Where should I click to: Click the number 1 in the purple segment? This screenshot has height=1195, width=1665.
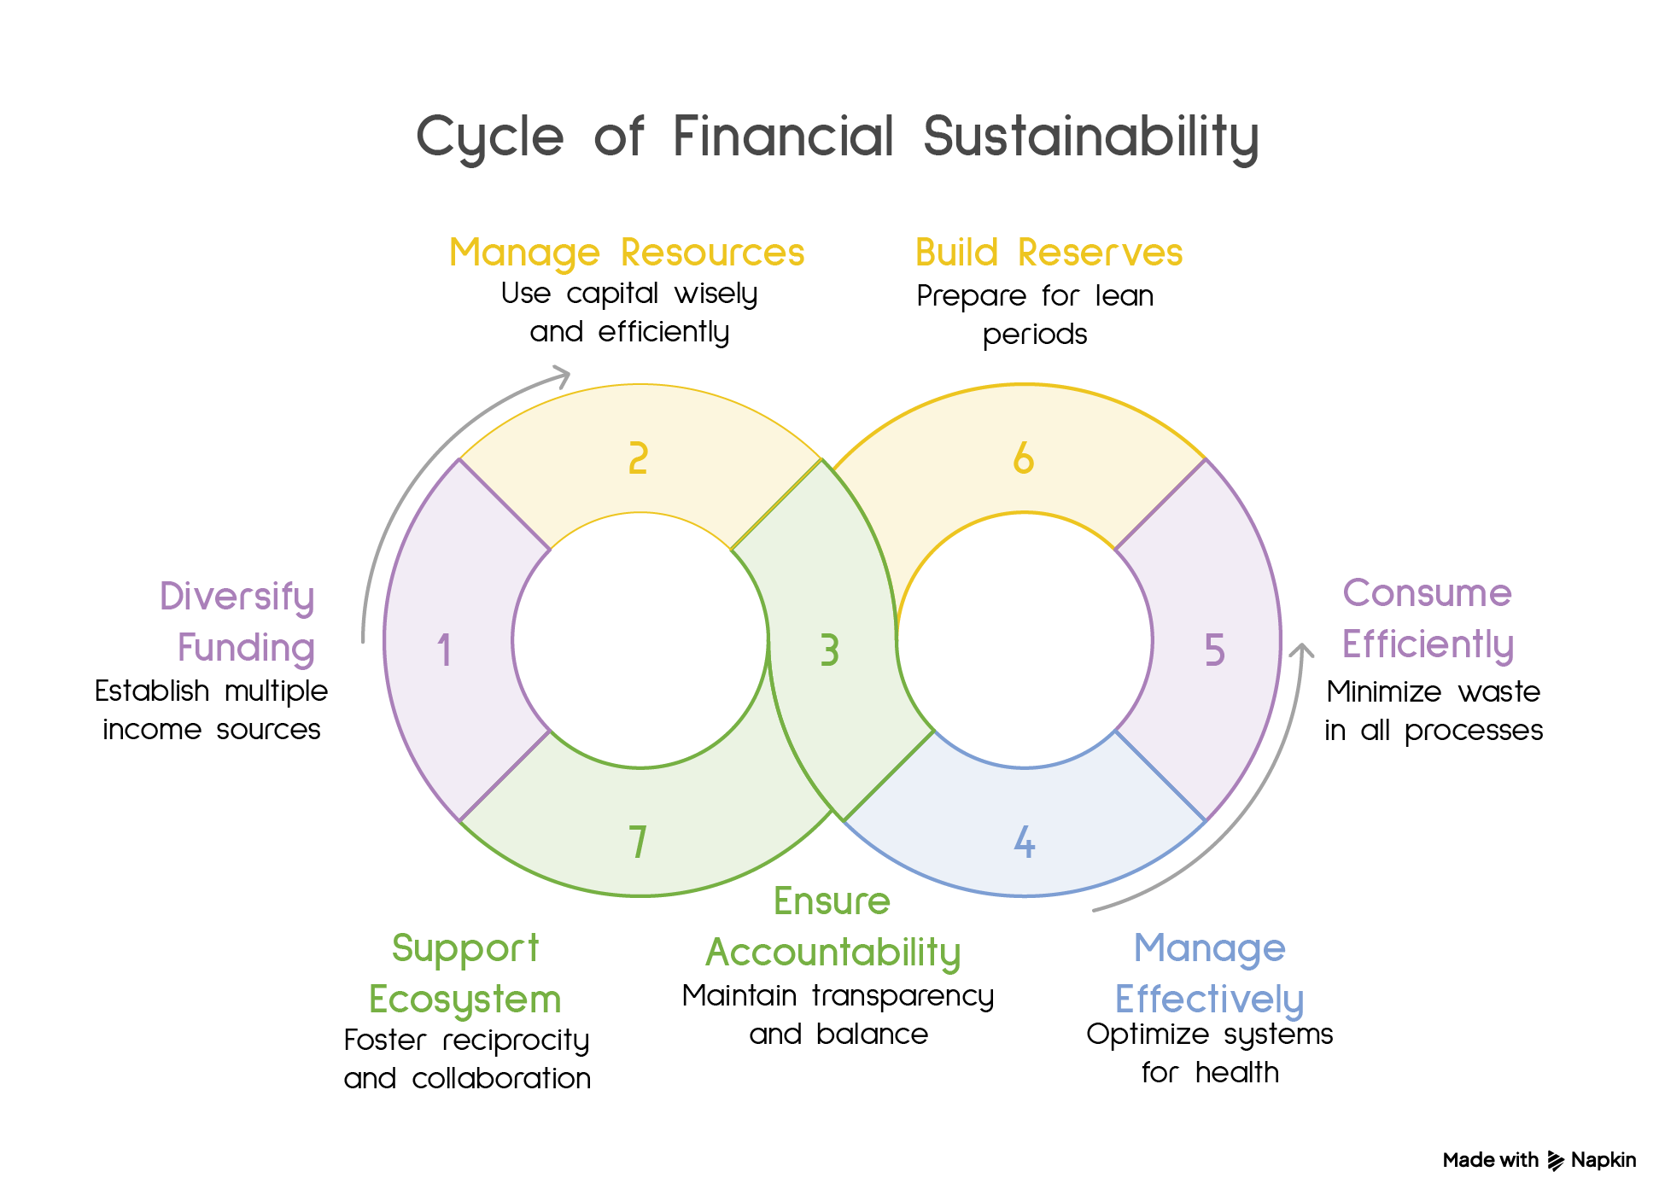click(444, 650)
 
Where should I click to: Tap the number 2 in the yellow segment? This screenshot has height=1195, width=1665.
click(638, 458)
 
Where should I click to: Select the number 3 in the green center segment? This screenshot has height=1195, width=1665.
click(829, 650)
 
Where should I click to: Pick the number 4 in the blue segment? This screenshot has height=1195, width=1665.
click(1025, 842)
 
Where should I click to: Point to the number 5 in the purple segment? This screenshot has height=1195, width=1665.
click(1214, 650)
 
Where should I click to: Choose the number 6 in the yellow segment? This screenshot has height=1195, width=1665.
click(1023, 458)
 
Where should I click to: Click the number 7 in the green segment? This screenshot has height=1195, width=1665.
click(638, 842)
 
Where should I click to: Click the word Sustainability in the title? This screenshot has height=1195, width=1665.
click(1090, 137)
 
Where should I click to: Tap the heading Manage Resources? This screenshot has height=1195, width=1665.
click(627, 253)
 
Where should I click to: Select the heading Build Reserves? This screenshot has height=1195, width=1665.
click(1049, 253)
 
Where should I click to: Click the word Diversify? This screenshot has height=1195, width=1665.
click(237, 597)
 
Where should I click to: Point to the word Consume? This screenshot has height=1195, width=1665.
click(1427, 593)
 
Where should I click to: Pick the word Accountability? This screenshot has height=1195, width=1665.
click(833, 953)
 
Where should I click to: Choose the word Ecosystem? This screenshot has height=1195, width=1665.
click(464, 1000)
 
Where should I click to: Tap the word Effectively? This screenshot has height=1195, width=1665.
click(1209, 999)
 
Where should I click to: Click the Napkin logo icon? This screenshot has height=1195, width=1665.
click(1556, 1161)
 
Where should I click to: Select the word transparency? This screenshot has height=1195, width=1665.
click(903, 996)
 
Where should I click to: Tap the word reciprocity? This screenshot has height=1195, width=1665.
click(516, 1041)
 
